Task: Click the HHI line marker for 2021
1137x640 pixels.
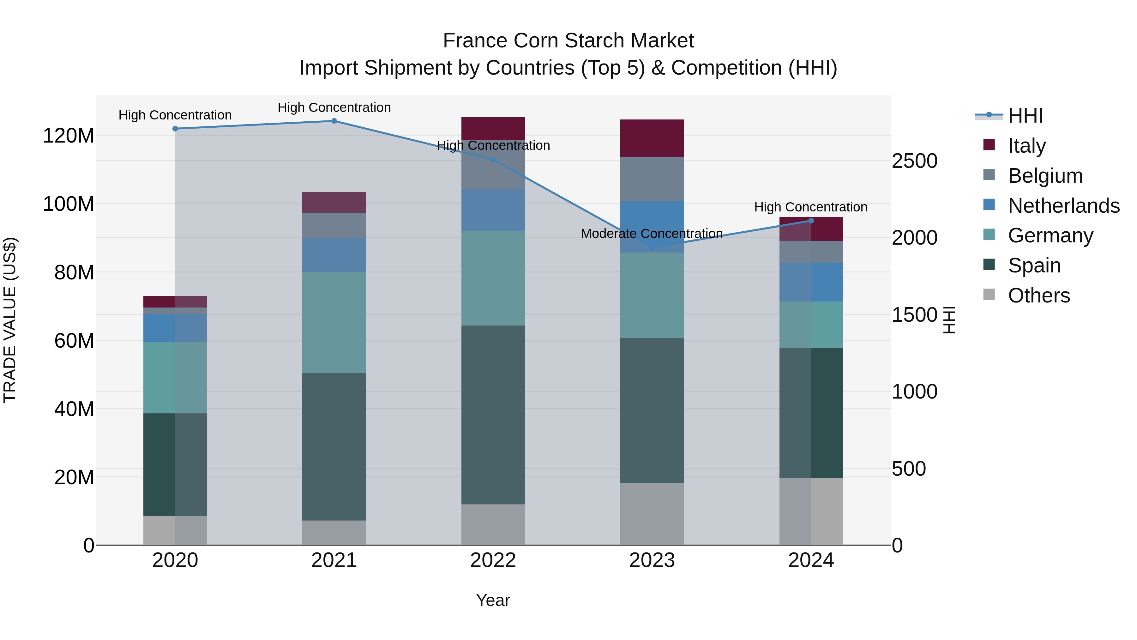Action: pos(334,121)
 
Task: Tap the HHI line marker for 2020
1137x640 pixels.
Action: pos(175,129)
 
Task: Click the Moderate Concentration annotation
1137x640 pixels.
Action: pos(652,234)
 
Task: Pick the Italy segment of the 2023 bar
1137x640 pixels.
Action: pos(652,138)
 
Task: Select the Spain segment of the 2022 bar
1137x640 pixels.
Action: pos(493,415)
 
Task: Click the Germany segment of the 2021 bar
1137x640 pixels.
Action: pos(334,322)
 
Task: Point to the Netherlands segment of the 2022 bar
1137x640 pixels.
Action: pos(493,210)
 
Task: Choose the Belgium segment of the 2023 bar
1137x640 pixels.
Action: pos(652,179)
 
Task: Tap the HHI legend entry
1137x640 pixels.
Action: pos(1025,116)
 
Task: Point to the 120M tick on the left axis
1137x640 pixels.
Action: pos(69,136)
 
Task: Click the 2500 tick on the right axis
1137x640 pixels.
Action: pos(915,161)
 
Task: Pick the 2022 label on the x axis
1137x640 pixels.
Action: pos(493,560)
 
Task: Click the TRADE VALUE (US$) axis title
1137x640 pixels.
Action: pos(10,320)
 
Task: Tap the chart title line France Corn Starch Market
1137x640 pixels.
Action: pos(568,41)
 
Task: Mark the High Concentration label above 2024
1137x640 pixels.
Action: pos(810,207)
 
